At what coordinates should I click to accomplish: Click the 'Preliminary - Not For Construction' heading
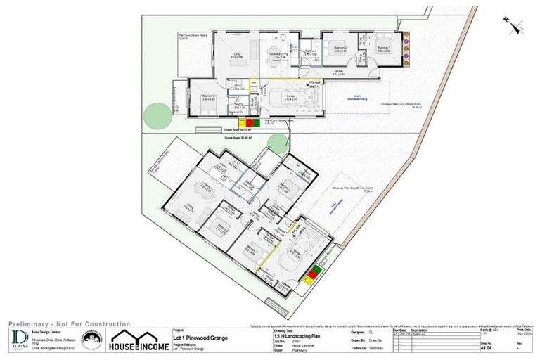click(70, 323)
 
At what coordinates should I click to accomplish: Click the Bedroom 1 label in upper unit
click(384, 49)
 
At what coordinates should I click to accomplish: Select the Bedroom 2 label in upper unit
click(340, 49)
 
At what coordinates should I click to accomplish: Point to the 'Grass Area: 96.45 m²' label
click(238, 138)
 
